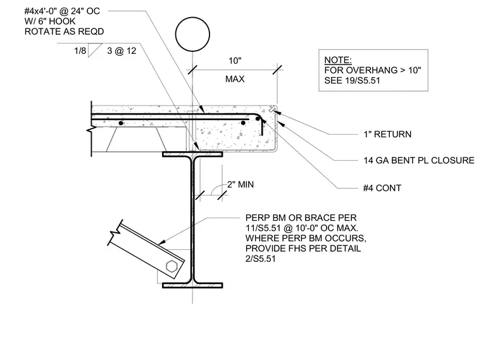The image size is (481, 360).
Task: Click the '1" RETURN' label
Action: pyautogui.click(x=387, y=134)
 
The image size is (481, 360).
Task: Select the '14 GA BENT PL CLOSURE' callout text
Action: pyautogui.click(x=419, y=160)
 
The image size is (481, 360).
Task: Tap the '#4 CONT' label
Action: pyautogui.click(x=382, y=188)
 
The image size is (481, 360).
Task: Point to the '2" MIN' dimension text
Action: pyautogui.click(x=240, y=185)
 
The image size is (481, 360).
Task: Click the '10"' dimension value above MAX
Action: pyautogui.click(x=235, y=61)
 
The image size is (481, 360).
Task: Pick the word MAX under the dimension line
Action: pyautogui.click(x=235, y=79)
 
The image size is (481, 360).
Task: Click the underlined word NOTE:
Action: pyautogui.click(x=338, y=60)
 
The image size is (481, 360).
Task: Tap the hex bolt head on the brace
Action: pyautogui.click(x=172, y=266)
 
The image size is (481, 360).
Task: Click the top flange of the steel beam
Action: pyautogui.click(x=192, y=154)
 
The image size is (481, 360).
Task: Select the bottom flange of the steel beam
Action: pyautogui.click(x=192, y=285)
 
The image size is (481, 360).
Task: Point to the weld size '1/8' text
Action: pyautogui.click(x=80, y=51)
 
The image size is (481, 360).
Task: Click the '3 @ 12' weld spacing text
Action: pyautogui.click(x=122, y=51)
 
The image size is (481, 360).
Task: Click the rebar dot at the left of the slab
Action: pyautogui.click(x=121, y=123)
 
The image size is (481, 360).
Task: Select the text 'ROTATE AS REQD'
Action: pyautogui.click(x=64, y=32)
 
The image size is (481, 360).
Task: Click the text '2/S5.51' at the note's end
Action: pyautogui.click(x=261, y=259)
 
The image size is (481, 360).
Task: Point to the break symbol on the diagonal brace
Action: pyautogui.click(x=115, y=232)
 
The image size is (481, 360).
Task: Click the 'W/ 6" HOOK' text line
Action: pyautogui.click(x=50, y=22)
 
